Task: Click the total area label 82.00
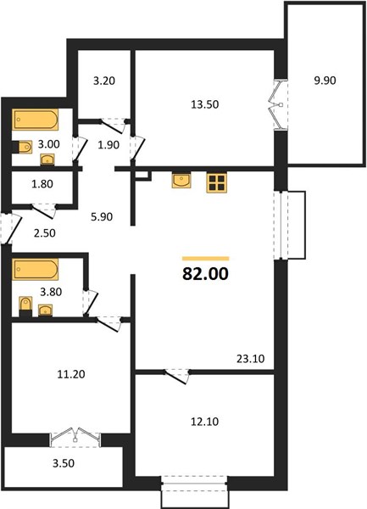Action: coord(205,274)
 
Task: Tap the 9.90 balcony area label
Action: coord(325,81)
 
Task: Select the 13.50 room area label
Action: coord(205,104)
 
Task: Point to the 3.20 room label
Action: coord(104,81)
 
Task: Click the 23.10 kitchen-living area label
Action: coord(251,359)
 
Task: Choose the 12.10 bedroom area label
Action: coord(205,422)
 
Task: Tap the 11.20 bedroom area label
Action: coord(71,374)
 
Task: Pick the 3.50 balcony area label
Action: coord(64,463)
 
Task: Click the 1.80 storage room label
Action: coord(42,184)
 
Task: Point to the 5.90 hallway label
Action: coord(102,216)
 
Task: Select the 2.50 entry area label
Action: coord(45,233)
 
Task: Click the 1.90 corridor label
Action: coord(108,145)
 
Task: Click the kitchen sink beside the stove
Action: coord(181,181)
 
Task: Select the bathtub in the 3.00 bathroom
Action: coord(36,120)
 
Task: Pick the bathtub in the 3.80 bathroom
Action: coord(36,269)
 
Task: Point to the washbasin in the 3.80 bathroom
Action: coord(46,310)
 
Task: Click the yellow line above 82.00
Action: coord(206,259)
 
